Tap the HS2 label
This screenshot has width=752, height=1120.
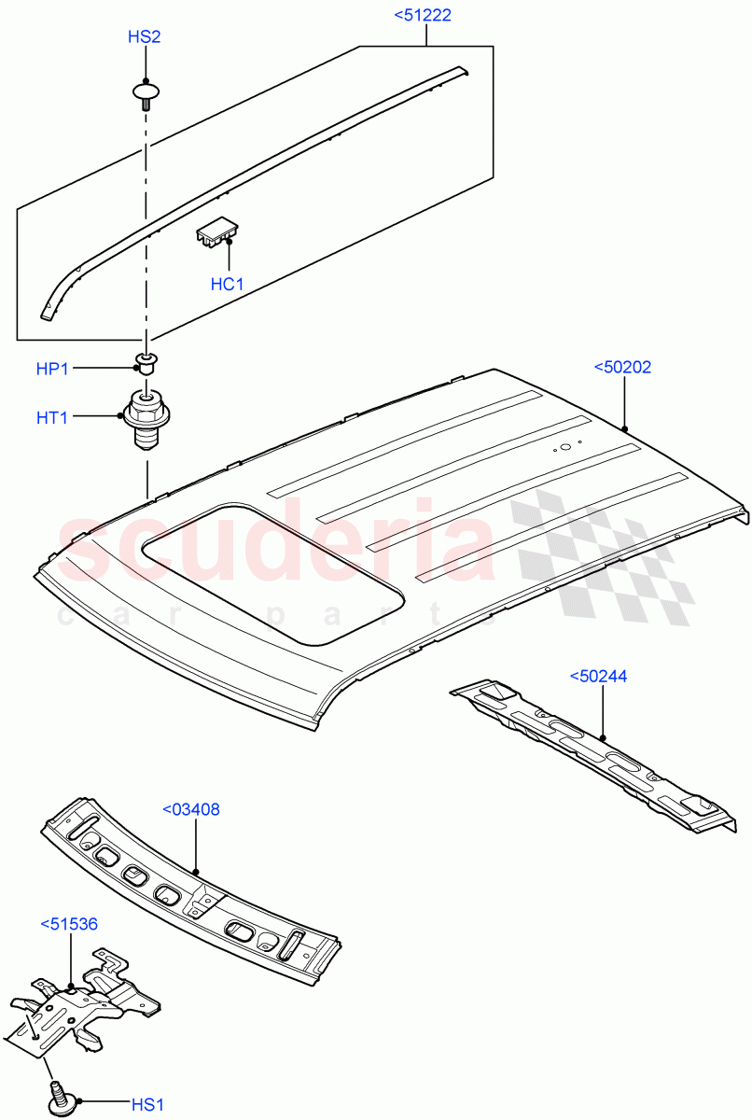(145, 37)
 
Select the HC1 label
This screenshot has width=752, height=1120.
(227, 284)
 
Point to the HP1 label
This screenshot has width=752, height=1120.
(53, 369)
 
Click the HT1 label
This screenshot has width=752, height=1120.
(53, 418)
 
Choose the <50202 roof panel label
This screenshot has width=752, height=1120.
(622, 367)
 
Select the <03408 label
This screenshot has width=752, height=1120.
(191, 809)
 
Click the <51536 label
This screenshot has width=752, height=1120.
(69, 923)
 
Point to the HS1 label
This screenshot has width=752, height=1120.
(147, 1106)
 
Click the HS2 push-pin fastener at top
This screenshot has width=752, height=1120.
(145, 93)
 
